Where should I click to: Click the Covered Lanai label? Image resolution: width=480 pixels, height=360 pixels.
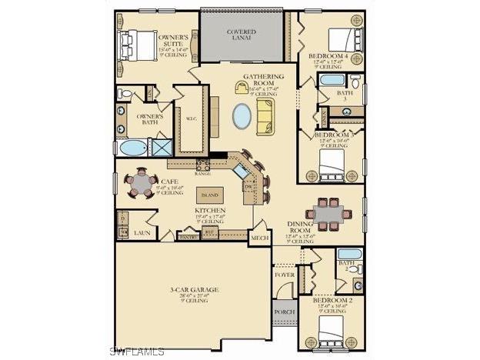[x=242, y=35]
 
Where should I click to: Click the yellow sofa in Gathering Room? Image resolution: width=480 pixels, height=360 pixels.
[x=266, y=116]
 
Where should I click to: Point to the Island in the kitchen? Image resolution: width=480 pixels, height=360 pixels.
[x=209, y=195]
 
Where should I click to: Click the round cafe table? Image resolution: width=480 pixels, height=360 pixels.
[x=141, y=183]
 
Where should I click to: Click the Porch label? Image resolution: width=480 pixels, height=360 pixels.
[x=283, y=312]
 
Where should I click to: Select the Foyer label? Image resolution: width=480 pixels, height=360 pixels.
[x=284, y=275]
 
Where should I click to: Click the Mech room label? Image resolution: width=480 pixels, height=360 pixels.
[x=259, y=238]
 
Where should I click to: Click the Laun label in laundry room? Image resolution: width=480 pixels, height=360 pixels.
[x=141, y=231]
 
